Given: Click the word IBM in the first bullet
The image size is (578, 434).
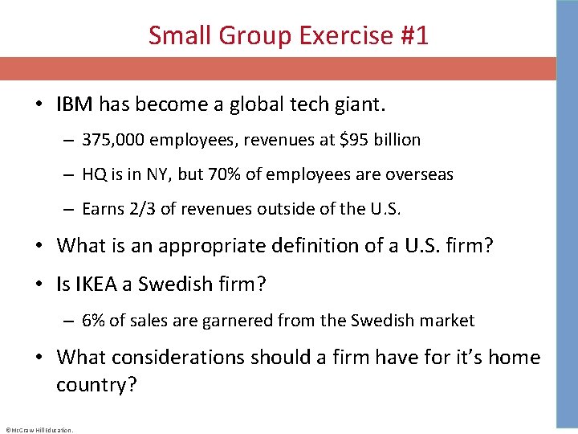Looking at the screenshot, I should coord(74,104).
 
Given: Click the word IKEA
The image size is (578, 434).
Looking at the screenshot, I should coord(102,285).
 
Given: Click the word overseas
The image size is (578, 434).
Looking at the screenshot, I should coord(417,174).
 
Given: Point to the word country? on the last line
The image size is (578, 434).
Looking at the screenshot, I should coord(96,385).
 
